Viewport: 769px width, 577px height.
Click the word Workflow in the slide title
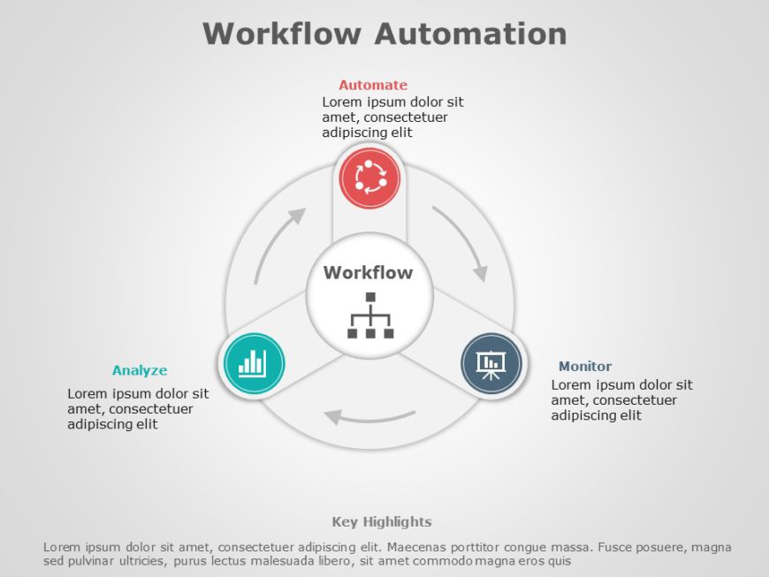tap(281, 34)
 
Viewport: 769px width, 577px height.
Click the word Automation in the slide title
tap(469, 34)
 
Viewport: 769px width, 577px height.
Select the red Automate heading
tap(373, 85)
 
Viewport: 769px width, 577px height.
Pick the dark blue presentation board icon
tap(491, 362)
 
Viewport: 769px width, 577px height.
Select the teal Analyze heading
tap(140, 370)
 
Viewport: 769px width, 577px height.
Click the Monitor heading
tap(585, 366)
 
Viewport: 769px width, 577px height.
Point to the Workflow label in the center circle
tap(368, 272)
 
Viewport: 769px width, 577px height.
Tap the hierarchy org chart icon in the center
tap(369, 315)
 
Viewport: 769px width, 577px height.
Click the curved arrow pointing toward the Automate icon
tap(278, 243)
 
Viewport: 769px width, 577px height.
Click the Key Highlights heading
tap(382, 521)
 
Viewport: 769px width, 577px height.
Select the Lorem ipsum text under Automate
tap(392, 117)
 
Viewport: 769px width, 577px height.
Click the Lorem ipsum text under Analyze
tap(138, 408)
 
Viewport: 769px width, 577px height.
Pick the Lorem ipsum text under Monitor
tap(621, 399)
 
